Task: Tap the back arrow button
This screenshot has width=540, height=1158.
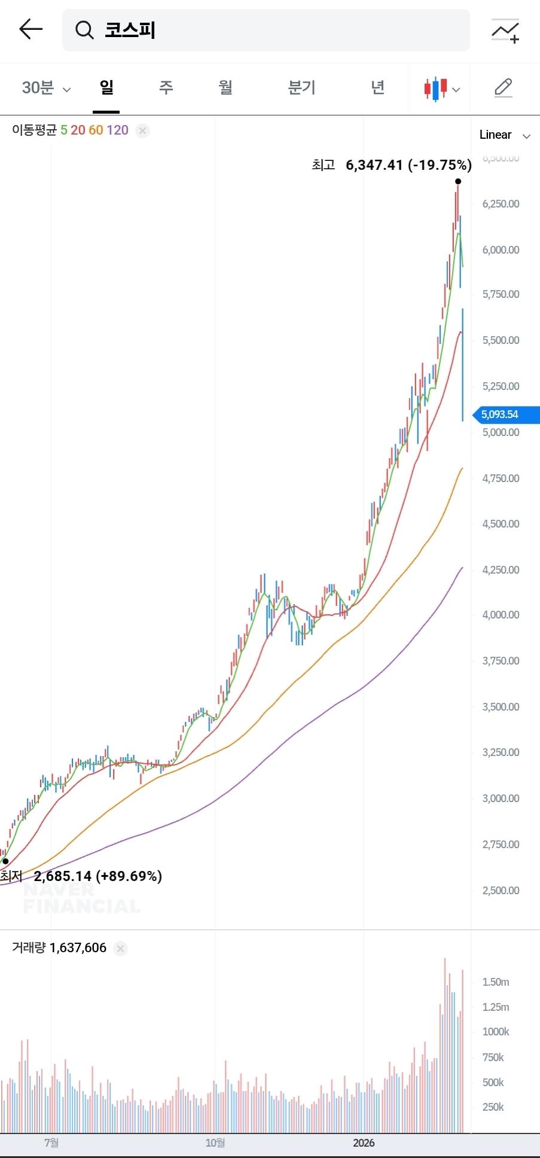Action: click(30, 29)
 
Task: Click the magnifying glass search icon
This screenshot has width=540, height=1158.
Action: click(84, 30)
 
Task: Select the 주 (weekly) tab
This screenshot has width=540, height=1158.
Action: click(166, 87)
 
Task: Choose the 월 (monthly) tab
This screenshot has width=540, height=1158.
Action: click(225, 87)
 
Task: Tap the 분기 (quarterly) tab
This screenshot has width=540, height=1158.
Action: click(301, 87)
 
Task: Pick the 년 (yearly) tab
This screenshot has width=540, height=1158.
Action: click(377, 87)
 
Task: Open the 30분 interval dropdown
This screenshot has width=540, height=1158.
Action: click(46, 88)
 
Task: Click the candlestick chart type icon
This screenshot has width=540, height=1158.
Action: click(441, 89)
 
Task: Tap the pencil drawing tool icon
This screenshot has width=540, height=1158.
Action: click(504, 88)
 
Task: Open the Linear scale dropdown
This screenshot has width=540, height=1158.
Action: click(504, 135)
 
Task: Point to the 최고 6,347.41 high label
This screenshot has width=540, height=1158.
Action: click(391, 165)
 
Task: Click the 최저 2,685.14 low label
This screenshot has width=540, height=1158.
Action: click(81, 876)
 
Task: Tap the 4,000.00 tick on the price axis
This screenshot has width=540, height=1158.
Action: click(501, 615)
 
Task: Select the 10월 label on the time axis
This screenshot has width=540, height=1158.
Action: click(215, 1143)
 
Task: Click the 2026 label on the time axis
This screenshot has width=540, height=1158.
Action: click(364, 1143)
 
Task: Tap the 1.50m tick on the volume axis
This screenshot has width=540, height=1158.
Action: click(496, 982)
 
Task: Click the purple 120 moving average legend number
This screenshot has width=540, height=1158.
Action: click(117, 130)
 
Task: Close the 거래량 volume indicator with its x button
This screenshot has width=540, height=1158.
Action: click(121, 948)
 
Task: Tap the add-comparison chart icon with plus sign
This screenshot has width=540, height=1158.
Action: click(505, 31)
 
